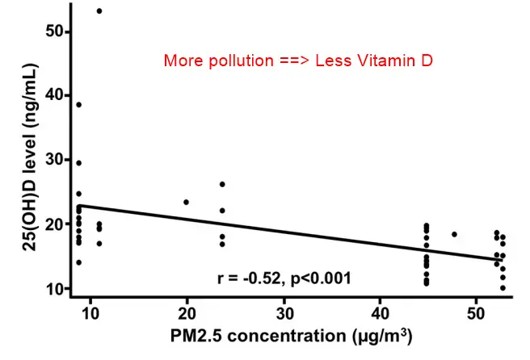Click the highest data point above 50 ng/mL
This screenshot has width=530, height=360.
pyautogui.click(x=99, y=11)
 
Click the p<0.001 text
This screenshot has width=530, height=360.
pyautogui.click(x=320, y=278)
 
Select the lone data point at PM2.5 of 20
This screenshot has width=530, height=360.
pyautogui.click(x=187, y=202)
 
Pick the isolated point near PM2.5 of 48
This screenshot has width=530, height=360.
pyautogui.click(x=454, y=234)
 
